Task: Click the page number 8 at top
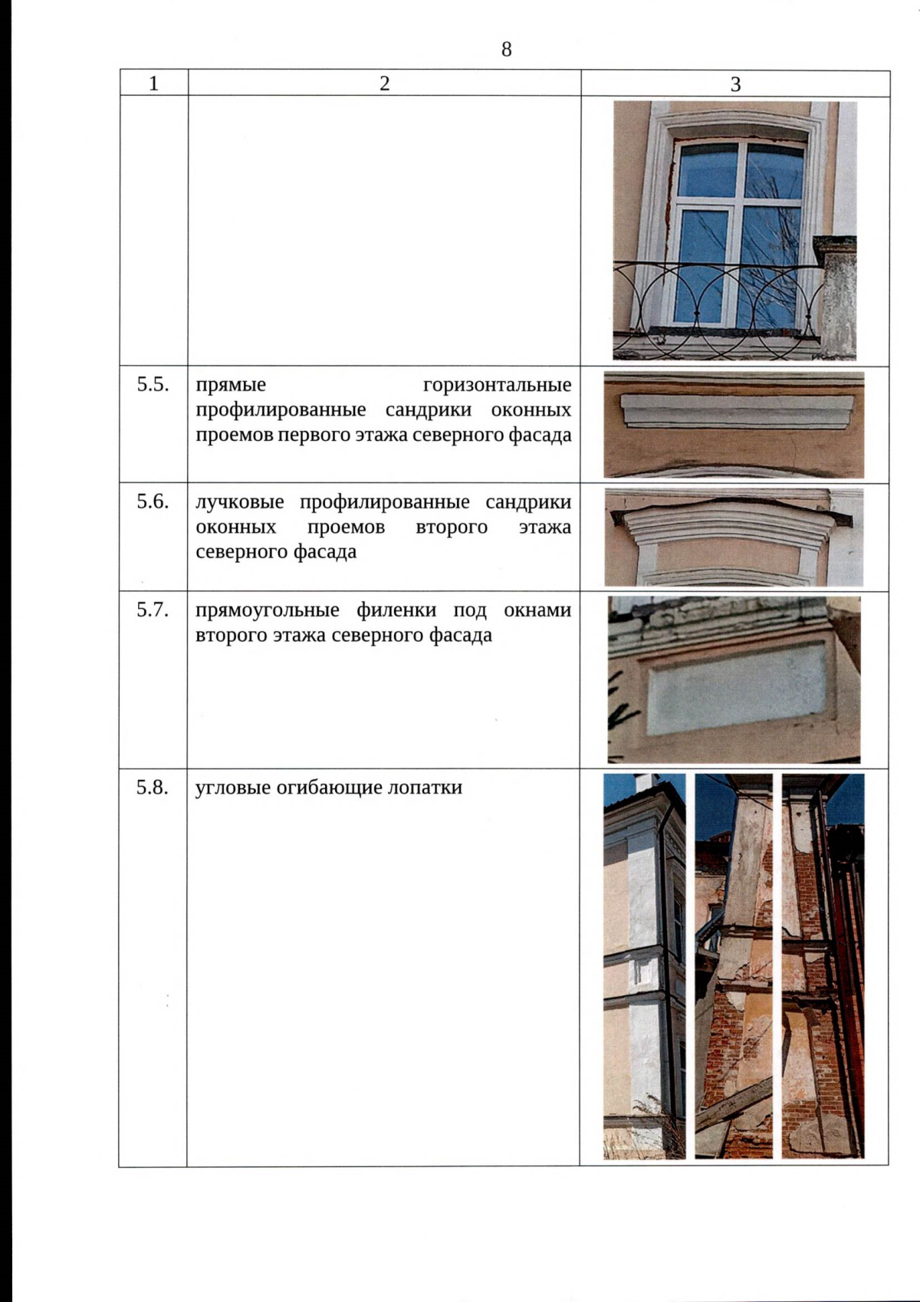pos(506,50)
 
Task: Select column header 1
pos(153,84)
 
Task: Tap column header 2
pos(384,84)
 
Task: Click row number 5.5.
pos(153,385)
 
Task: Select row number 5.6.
pos(153,501)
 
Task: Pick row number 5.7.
pos(153,610)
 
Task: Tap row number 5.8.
pos(153,787)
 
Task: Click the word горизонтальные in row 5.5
pos(497,385)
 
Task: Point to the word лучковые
pos(239,502)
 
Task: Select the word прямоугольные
pos(267,611)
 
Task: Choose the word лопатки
pos(425,787)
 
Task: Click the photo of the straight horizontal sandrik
pos(734,425)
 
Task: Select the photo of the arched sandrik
pos(734,537)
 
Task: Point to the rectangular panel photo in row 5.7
pos(734,679)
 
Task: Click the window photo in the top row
pos(734,230)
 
